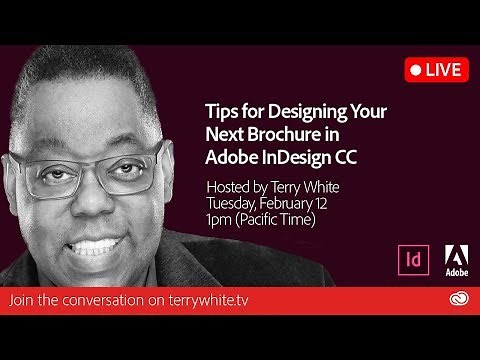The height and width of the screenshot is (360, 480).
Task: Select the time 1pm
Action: (x=219, y=219)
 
